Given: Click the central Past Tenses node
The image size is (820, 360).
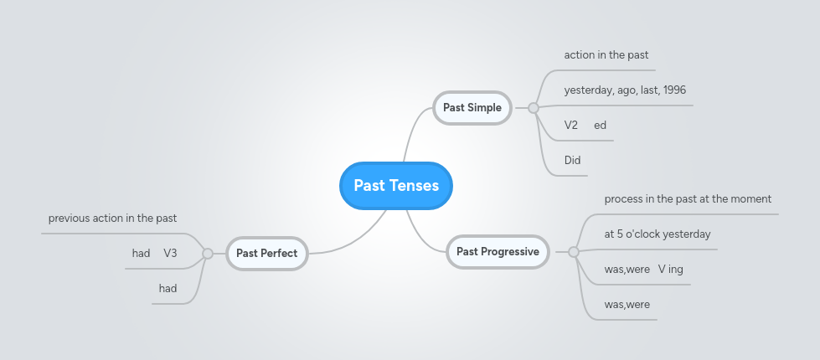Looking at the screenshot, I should [x=396, y=185].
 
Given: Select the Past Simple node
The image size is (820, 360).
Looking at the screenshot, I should [x=472, y=107].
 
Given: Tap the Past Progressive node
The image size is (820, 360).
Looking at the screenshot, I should [x=498, y=251].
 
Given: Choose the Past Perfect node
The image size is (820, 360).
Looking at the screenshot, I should [x=266, y=253].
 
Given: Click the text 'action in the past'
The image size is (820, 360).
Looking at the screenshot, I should [x=606, y=55].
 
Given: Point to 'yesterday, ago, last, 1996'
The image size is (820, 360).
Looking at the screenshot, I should [x=625, y=90].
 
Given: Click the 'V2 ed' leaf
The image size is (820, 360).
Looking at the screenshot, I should [x=585, y=126].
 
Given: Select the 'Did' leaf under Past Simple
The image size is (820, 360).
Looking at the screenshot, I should [x=572, y=160].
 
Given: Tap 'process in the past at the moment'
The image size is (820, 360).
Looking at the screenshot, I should [x=688, y=199].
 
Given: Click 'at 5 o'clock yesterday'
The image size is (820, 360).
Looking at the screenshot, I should [x=657, y=234].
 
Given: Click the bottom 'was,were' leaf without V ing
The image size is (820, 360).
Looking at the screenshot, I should [x=627, y=305].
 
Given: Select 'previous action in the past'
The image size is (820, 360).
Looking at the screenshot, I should [x=112, y=219].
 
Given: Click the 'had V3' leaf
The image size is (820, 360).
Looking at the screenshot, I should [x=154, y=253].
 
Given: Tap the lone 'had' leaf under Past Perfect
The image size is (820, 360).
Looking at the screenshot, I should [x=168, y=288].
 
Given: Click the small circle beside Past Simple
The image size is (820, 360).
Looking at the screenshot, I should [x=533, y=107].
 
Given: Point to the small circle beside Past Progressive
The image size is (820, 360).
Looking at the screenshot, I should [x=574, y=251].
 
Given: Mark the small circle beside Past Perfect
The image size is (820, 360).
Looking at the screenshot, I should [x=208, y=253].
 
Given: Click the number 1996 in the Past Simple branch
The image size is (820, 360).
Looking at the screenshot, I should [x=674, y=90].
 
